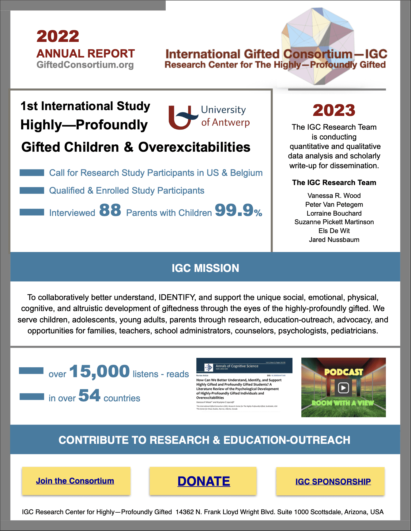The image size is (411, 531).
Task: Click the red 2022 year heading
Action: pos(58,36)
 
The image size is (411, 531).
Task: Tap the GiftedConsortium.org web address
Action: pos(85,65)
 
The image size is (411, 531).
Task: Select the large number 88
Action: pos(110,210)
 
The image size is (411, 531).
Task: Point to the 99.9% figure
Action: pos(238,210)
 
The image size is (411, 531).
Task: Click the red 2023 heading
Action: pos(334,110)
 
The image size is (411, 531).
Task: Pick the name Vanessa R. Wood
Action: pos(334,195)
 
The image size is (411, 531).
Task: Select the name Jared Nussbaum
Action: pos(334,240)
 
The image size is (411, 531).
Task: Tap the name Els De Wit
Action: pos(334,231)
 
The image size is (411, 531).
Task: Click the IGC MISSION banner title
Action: pos(205,268)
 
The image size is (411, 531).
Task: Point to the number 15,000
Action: pos(100,372)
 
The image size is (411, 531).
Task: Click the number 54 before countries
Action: pos(89,395)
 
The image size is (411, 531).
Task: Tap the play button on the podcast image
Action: pos(343,388)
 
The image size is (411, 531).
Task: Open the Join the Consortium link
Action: pos(75,481)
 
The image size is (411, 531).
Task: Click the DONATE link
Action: pos(204,481)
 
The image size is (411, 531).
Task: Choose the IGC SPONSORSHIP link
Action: pos(333,481)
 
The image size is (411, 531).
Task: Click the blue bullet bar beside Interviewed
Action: pos(32,212)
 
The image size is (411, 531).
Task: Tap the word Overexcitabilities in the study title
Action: pos(194,147)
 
